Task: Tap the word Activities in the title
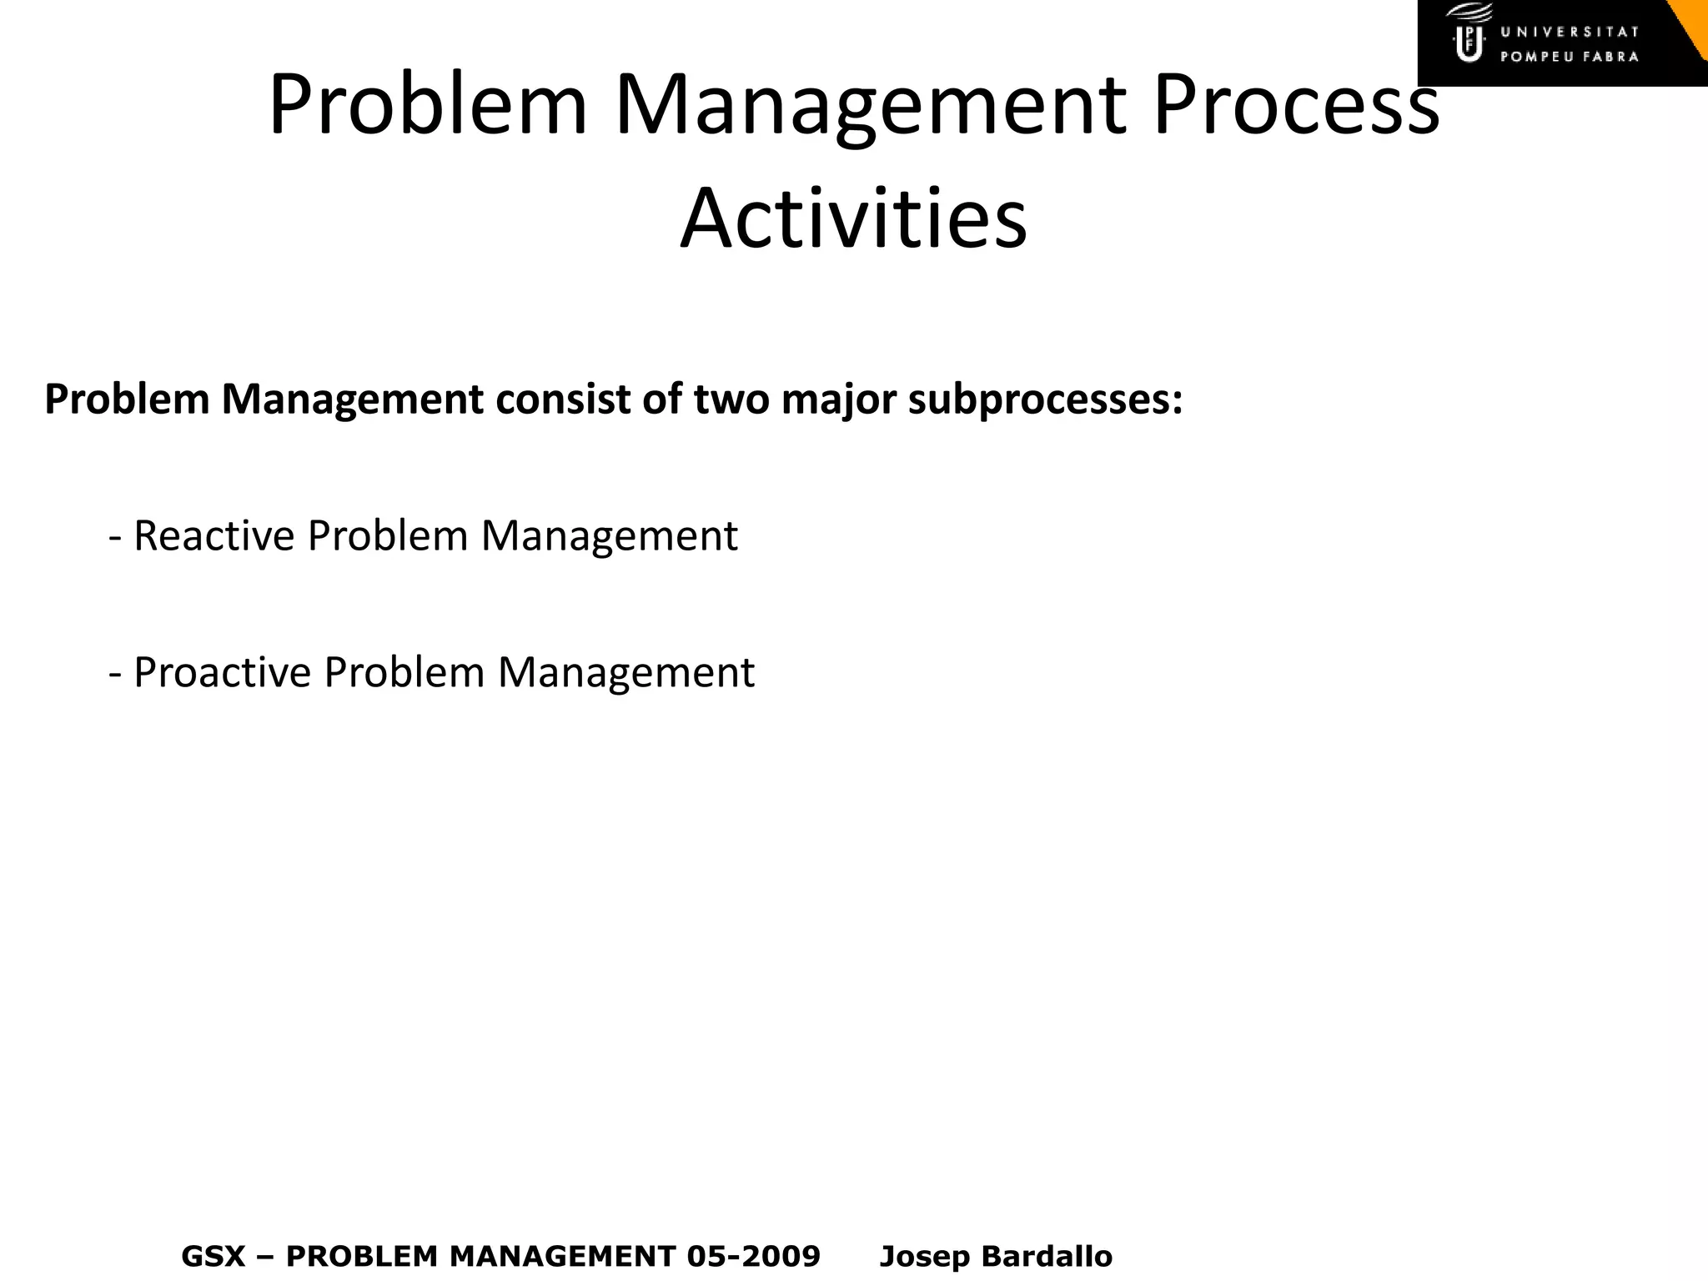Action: (x=853, y=219)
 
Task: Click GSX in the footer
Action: (x=213, y=1256)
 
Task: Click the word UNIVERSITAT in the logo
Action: (x=1570, y=33)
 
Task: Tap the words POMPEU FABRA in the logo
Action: (x=1570, y=58)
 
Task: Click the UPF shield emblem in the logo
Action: (x=1469, y=38)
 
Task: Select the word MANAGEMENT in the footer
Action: (x=562, y=1256)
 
